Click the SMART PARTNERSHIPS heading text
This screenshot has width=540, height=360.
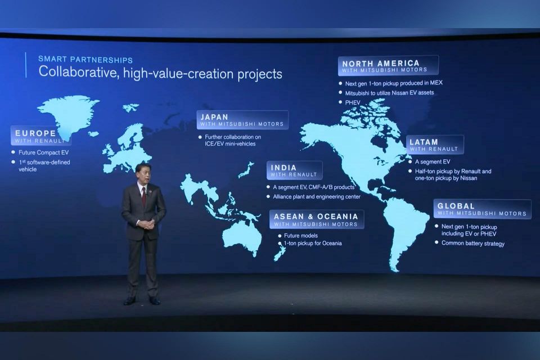85,60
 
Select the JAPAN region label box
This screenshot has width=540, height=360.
242,120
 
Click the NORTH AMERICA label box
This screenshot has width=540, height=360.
388,66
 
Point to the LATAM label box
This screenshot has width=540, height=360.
435,145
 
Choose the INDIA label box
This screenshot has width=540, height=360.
294,170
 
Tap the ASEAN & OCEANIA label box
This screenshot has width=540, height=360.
317,219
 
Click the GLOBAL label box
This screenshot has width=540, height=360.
482,209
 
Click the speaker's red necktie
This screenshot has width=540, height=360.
143,196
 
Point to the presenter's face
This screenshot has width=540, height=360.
143,174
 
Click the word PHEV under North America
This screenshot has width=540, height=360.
353,103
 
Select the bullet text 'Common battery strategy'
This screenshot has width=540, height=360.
473,244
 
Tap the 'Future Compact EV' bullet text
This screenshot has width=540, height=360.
44,152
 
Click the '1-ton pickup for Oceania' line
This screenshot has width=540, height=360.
313,243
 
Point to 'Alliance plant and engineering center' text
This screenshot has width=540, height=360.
317,197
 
